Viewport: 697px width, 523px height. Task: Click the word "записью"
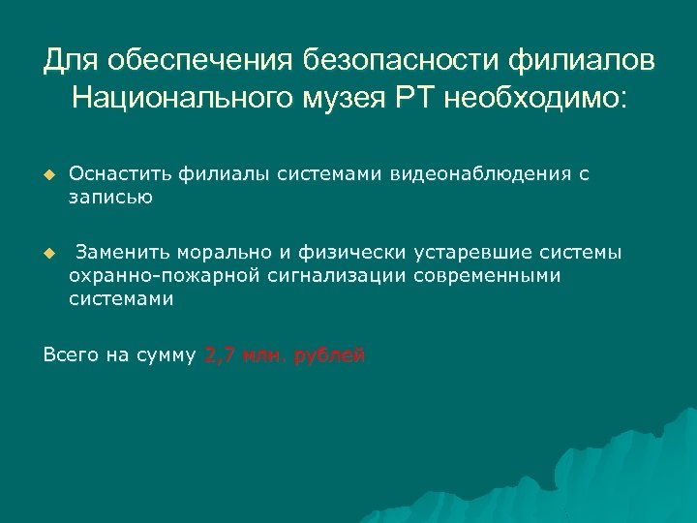tap(110, 198)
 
